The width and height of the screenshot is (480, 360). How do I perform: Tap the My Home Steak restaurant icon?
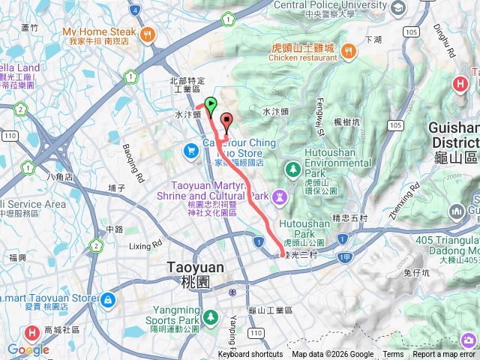pyautogui.click(x=148, y=33)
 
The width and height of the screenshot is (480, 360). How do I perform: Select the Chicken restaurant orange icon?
pyautogui.click(x=349, y=50)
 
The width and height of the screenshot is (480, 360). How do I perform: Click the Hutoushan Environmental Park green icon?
pyautogui.click(x=292, y=166)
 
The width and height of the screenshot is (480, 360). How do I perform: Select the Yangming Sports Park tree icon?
pyautogui.click(x=212, y=317)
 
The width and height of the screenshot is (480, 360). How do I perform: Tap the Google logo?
pyautogui.click(x=28, y=349)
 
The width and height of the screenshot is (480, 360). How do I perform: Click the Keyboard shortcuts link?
pyautogui.click(x=250, y=355)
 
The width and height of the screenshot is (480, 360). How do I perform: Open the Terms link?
pyautogui.click(x=393, y=355)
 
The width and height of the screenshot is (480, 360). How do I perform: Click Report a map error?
pyautogui.click(x=444, y=355)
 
